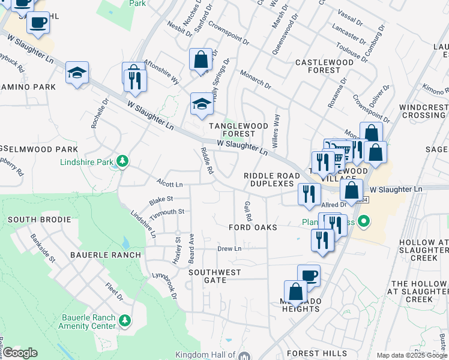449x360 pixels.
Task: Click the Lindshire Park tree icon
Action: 122,161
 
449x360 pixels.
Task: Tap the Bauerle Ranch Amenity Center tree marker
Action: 125,321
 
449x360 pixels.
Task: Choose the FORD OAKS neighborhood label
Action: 253,227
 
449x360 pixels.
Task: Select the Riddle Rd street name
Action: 206,161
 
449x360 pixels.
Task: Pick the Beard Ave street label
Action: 191,248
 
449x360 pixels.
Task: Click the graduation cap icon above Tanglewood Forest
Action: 202,104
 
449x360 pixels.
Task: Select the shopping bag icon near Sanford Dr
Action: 200,59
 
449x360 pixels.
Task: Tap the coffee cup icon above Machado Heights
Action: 309,275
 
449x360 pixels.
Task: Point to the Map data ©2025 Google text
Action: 412,355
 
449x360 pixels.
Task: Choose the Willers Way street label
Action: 277,127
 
